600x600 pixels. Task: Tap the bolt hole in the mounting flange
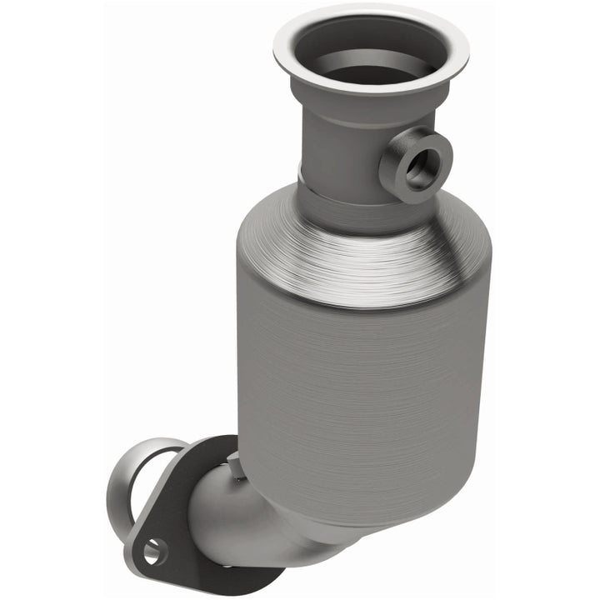point(154,550)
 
